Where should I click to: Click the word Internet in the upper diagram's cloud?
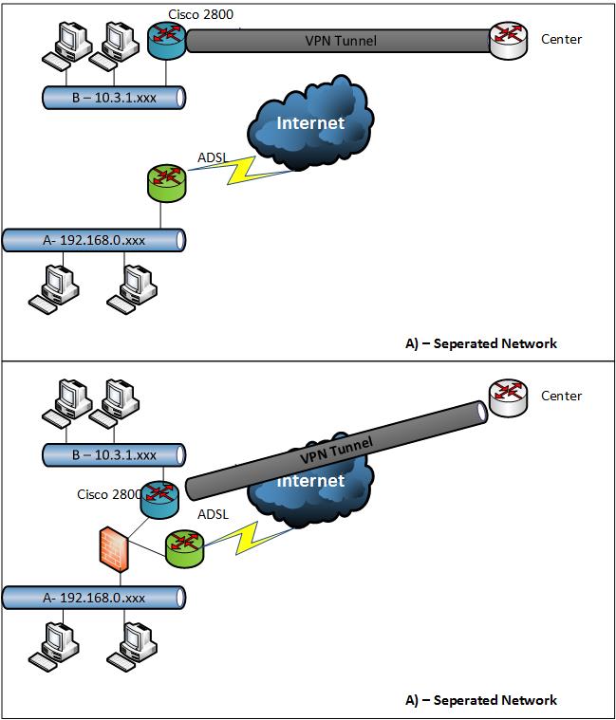[x=309, y=123]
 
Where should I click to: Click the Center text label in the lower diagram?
[x=561, y=396]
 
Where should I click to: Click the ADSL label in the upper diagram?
[x=214, y=157]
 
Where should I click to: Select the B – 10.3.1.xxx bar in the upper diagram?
[x=113, y=96]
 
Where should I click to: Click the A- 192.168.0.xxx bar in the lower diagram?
[x=93, y=598]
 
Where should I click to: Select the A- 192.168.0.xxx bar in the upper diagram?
[x=93, y=240]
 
